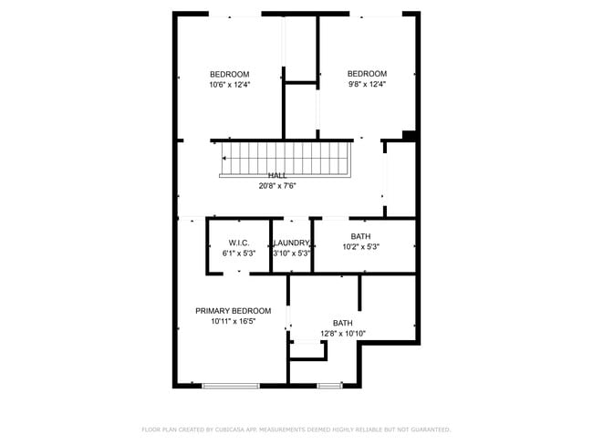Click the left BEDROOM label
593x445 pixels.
pos(229,74)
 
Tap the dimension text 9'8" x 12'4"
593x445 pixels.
pos(367,85)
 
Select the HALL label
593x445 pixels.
pos(276,175)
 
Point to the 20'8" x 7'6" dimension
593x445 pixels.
pos(276,186)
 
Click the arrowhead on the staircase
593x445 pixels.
pos(224,158)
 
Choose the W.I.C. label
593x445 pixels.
pos(239,243)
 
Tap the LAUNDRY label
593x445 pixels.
pos(293,243)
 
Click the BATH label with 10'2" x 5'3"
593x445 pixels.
pos(360,236)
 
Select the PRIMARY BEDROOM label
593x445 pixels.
pos(233,311)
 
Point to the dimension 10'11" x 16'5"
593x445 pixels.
pos(233,322)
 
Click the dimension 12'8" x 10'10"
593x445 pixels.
pos(342,334)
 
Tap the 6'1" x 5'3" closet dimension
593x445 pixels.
pos(239,254)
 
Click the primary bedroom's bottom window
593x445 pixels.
pos(231,386)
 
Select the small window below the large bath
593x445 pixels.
pos(329,386)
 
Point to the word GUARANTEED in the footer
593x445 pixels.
pos(429,429)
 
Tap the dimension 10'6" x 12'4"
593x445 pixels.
pos(229,85)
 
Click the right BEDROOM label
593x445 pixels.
pos(367,74)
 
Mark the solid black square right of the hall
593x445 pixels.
pos(410,137)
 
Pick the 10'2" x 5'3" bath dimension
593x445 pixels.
pos(360,247)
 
